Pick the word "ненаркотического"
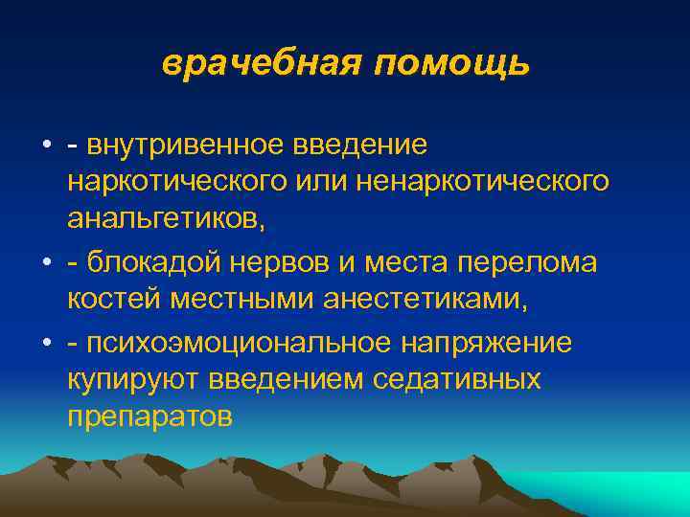(x=483, y=182)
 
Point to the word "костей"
(x=116, y=299)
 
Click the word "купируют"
(x=129, y=380)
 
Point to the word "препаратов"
(x=149, y=416)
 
